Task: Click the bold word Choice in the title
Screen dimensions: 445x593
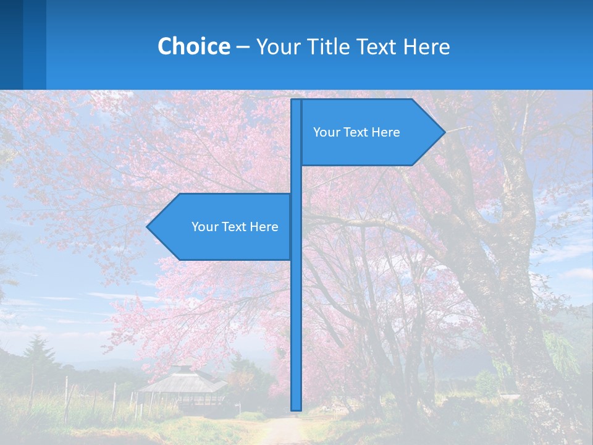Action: (x=193, y=46)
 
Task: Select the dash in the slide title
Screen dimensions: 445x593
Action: (x=243, y=47)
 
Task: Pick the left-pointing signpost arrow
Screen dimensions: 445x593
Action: (x=222, y=227)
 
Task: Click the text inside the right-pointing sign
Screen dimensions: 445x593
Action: (x=356, y=132)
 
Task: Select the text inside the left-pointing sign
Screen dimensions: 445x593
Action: (x=235, y=227)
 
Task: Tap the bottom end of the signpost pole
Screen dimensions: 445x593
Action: (x=296, y=408)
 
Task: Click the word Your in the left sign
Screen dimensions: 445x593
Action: (x=204, y=227)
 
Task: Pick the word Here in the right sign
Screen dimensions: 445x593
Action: (x=386, y=132)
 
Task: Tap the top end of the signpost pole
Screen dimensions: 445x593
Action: (x=296, y=101)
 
